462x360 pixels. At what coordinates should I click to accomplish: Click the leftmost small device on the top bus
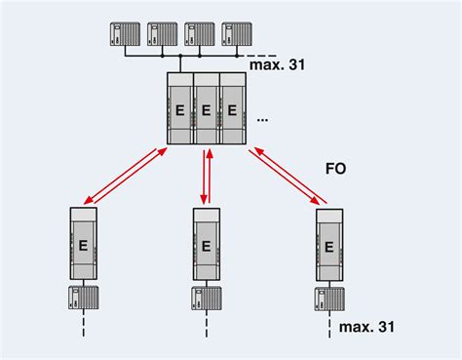126,34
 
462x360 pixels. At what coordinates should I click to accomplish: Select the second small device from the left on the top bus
162,34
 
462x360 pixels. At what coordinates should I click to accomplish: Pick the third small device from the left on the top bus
199,34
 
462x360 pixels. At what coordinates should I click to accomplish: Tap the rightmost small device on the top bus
236,34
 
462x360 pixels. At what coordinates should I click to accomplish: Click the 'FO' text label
335,168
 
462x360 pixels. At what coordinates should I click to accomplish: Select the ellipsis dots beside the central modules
262,117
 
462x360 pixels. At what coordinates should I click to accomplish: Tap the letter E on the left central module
179,110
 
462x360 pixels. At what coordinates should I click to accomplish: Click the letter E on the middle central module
206,110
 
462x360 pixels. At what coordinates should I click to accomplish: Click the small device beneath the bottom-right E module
329,299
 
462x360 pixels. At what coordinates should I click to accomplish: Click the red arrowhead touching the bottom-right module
318,201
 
